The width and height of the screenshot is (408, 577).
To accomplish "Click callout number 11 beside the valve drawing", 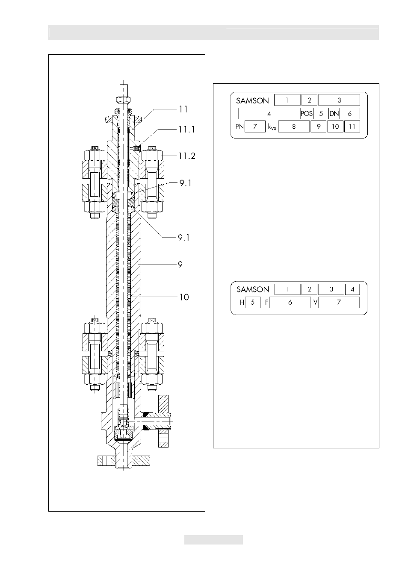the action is [183, 109].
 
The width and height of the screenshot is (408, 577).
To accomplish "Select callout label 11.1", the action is [186, 130].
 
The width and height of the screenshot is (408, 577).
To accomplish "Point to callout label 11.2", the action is [187, 156].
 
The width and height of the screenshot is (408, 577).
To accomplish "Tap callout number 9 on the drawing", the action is [180, 265].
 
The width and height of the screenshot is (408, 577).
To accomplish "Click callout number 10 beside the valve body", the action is [184, 297].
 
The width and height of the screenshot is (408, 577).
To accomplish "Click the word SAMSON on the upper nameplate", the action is [252, 100].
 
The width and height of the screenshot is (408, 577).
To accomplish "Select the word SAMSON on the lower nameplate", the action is [253, 289].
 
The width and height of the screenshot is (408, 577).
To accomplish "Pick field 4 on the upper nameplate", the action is [269, 113].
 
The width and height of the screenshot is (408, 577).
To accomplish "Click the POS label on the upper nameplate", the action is [307, 114].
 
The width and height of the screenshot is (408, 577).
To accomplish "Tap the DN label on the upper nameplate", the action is [334, 114].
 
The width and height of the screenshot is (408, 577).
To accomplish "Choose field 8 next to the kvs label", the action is [294, 127].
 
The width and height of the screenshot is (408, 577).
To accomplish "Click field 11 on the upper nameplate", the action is [352, 127].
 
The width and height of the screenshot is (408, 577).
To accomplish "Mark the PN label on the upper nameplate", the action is [239, 127].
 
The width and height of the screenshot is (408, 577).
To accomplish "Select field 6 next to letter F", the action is [290, 303].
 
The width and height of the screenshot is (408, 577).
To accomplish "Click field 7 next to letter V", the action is [339, 303].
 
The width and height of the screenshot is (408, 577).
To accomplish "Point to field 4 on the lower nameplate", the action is [352, 289].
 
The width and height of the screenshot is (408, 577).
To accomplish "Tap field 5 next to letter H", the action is [253, 303].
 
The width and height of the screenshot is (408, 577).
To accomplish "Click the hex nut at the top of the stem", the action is [124, 99].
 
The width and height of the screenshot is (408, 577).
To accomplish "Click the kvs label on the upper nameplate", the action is [272, 127].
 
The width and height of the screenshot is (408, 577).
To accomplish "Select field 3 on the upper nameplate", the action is [339, 100].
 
